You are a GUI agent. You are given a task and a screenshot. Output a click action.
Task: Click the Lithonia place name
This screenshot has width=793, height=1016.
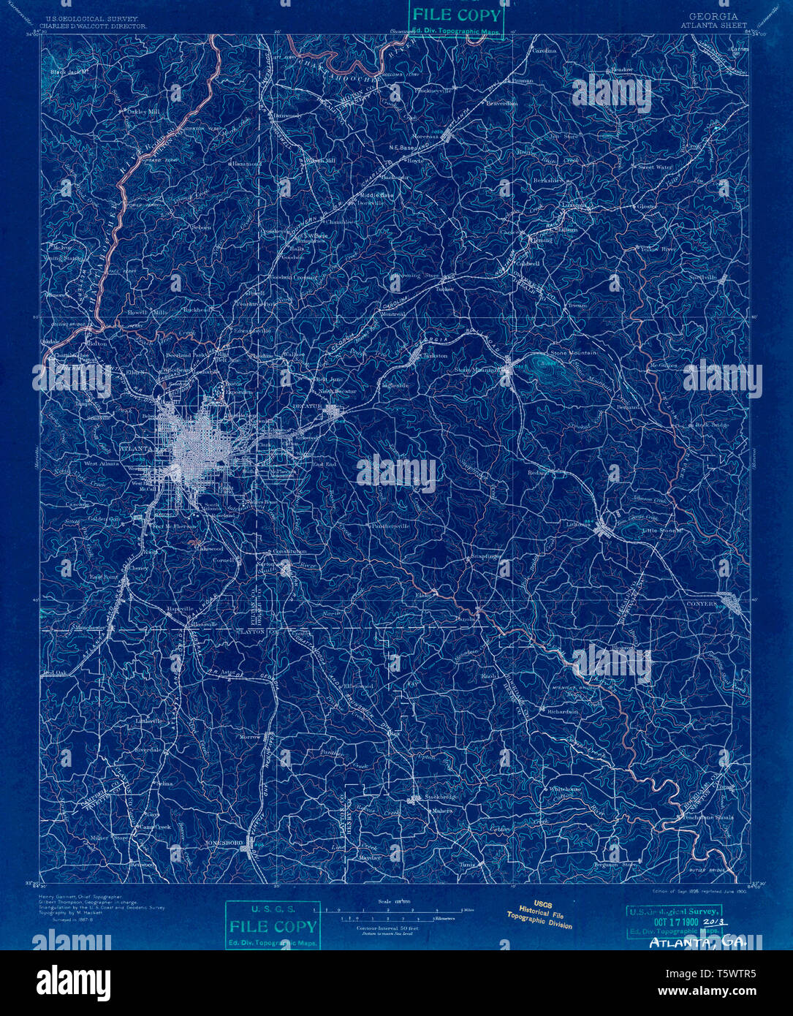coord(579,523)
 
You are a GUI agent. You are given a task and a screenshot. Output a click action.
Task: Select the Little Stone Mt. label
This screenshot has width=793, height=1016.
coord(661,531)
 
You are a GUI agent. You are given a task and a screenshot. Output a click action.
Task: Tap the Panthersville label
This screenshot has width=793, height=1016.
coord(391,526)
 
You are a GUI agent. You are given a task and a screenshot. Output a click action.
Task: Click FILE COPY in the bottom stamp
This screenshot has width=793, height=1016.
coord(273,926)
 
